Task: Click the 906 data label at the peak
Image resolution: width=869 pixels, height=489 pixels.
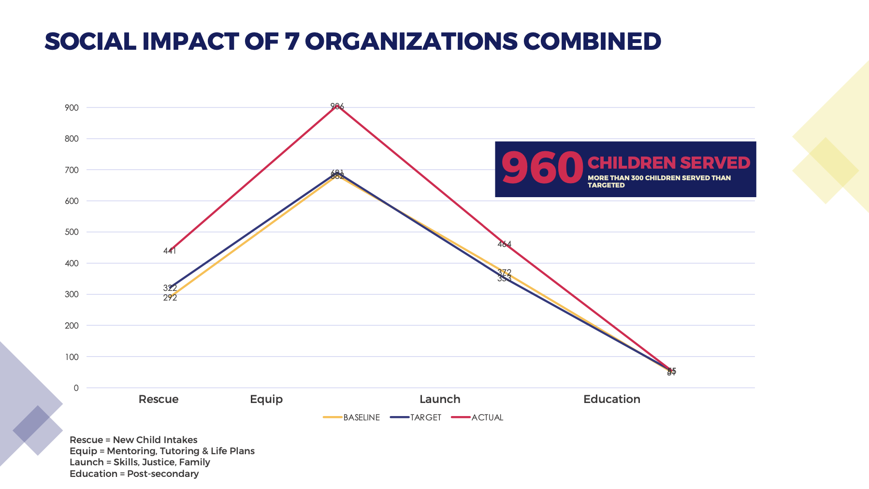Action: tap(337, 106)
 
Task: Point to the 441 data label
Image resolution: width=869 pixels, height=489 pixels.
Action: tap(170, 251)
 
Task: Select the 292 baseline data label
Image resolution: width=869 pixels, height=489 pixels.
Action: tap(170, 298)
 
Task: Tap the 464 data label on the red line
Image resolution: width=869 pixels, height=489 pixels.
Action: tap(504, 244)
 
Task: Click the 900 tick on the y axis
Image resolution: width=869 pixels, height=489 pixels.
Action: tap(72, 108)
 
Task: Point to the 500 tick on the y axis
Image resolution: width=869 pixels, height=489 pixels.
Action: tap(72, 232)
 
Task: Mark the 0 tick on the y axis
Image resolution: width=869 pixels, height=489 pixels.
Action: tap(76, 388)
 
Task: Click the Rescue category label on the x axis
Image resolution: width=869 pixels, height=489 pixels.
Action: tap(159, 399)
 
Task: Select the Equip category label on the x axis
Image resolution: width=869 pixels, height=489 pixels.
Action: tap(266, 399)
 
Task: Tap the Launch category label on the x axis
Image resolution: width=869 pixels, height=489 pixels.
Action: tap(440, 399)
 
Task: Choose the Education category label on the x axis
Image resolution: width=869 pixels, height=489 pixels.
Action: tap(611, 399)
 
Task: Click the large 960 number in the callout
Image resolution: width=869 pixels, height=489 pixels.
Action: tap(542, 169)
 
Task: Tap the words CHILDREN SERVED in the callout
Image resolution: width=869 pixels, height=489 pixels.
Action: tap(668, 163)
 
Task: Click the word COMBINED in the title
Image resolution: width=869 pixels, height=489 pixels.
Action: tap(592, 42)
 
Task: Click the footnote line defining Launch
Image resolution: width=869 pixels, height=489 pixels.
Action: tap(140, 462)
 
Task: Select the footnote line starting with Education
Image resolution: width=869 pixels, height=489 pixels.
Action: tap(134, 474)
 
